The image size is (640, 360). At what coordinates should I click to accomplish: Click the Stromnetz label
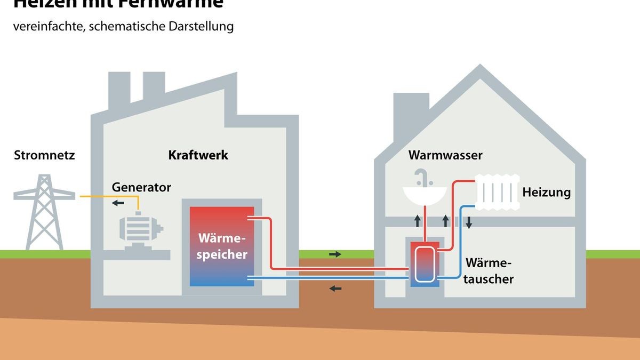click(x=44, y=156)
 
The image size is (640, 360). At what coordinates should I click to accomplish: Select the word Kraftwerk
click(x=198, y=155)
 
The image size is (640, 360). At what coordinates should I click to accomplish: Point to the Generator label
click(x=141, y=188)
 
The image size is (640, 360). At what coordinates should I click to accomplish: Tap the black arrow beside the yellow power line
click(x=118, y=203)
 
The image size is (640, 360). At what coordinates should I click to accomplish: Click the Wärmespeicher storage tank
click(x=222, y=246)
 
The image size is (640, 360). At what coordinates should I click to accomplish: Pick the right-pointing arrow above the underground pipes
click(x=335, y=254)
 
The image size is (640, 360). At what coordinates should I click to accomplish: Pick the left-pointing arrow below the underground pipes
click(x=335, y=289)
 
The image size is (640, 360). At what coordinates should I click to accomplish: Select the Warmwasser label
click(x=445, y=155)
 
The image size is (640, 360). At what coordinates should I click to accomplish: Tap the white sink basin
click(x=423, y=195)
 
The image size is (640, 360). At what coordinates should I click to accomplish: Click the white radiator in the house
click(x=497, y=191)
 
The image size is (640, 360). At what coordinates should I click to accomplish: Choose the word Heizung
click(x=546, y=192)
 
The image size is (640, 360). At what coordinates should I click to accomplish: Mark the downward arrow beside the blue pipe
click(x=469, y=222)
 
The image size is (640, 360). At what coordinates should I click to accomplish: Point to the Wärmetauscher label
click(x=489, y=271)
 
